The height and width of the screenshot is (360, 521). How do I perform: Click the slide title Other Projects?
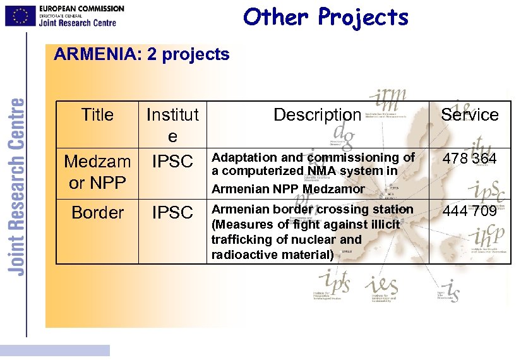point(326,17)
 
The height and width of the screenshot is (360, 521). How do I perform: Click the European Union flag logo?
point(20,16)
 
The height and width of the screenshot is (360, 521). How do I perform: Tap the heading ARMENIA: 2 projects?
point(141,54)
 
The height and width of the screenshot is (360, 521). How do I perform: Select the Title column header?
point(97,115)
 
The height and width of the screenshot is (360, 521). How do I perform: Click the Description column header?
point(317,115)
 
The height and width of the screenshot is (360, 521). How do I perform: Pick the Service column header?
point(469,115)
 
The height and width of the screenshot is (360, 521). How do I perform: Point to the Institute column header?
point(172,125)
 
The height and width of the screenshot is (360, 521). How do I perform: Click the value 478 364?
point(469,159)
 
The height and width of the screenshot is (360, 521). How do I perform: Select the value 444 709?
point(469,211)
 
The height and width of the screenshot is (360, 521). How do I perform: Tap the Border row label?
point(97,213)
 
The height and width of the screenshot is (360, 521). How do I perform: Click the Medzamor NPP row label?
point(97,172)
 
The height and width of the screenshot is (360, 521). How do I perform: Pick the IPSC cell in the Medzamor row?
point(172,162)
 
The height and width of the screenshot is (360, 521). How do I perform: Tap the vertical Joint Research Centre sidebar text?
point(17,186)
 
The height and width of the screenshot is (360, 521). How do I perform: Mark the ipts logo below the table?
point(335,282)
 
